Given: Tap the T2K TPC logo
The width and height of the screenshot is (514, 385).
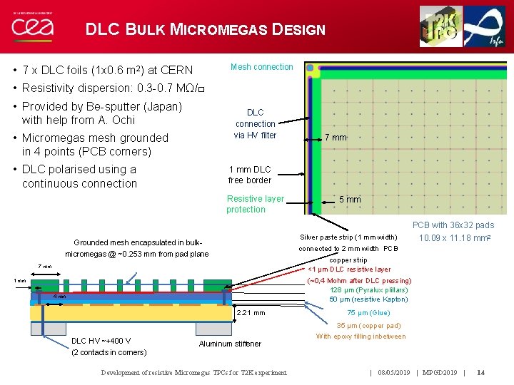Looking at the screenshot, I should pos(440,26).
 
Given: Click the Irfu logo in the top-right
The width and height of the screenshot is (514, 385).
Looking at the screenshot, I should pos(485,26).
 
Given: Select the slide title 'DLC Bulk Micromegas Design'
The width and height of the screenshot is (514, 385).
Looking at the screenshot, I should pos(205,30).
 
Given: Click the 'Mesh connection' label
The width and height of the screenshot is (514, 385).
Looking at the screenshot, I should pos(261,67).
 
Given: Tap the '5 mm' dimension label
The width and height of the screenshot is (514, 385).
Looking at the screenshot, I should pos(349,200).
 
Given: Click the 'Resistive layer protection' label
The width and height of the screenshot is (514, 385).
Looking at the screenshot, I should pos(255,204).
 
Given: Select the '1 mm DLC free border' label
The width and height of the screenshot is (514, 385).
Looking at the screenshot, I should pos(250,175).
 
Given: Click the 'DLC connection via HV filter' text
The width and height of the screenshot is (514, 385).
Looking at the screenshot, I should pos(255,123).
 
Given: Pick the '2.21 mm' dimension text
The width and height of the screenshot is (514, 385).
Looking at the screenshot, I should pos(250,312).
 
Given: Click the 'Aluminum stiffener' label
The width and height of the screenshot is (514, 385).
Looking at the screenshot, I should pos(230,344).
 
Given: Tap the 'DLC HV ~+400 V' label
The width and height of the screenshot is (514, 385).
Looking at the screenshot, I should pos(101,340).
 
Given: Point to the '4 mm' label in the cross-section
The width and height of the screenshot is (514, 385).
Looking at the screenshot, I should pos(61,297).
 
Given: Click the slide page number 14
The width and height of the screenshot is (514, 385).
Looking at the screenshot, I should pos(481,372).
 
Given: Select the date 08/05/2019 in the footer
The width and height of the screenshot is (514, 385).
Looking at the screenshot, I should pos(394,372).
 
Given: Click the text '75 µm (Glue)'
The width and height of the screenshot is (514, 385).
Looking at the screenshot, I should pos(368,312).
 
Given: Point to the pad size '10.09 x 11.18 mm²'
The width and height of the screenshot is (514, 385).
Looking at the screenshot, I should pos(455,237).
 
